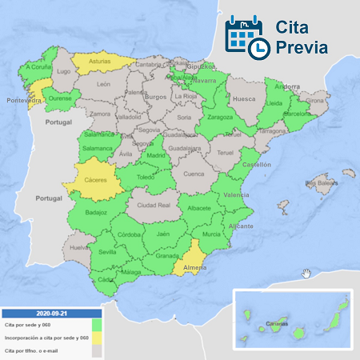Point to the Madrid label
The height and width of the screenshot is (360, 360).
156,156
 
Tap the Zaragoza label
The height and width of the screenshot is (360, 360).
220,118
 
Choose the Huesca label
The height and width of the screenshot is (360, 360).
243,100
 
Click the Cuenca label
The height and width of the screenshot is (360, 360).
194,174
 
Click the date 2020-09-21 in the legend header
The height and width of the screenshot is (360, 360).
51,314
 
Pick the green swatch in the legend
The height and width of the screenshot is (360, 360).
96,326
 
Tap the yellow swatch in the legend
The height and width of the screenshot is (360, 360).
96,338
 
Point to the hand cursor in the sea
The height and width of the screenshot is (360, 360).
306,274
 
